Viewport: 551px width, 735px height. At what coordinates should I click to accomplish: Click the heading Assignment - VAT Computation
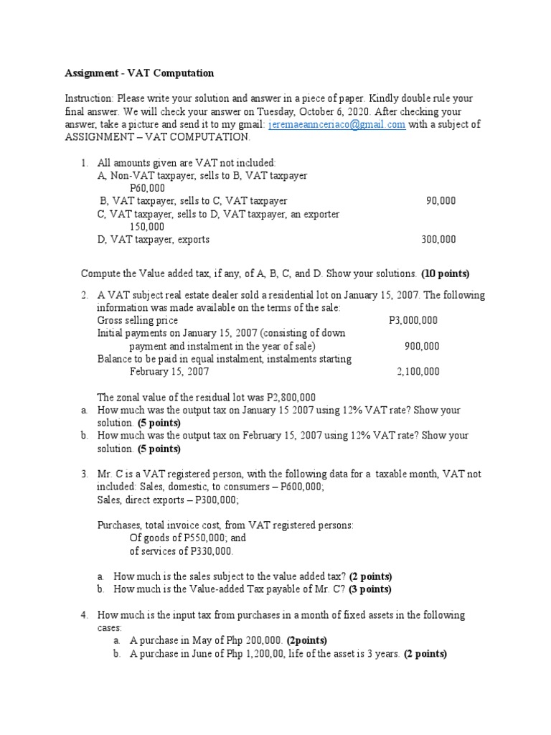139,73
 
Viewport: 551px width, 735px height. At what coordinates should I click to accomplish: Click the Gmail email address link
336,124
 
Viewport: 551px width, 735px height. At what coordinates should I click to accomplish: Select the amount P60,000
147,188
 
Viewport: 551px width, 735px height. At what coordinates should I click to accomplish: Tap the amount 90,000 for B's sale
441,201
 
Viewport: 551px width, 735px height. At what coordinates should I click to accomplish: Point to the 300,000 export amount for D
438,240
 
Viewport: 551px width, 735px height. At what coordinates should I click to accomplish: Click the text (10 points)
445,273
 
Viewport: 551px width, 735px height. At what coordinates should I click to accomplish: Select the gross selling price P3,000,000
408,320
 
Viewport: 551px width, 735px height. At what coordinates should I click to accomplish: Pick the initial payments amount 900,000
422,346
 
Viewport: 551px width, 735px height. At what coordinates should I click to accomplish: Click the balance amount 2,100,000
418,372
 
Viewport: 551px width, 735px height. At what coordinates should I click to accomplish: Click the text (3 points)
369,589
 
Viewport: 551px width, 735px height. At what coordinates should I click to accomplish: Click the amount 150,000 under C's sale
147,227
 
